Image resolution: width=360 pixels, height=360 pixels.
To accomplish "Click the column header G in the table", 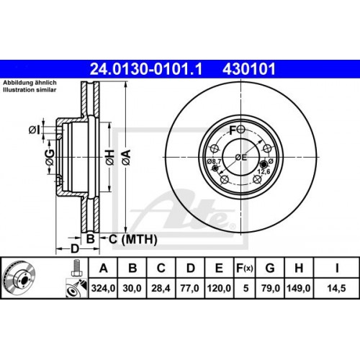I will tap(269, 269).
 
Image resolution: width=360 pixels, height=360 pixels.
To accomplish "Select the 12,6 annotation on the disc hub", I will tap(264, 171).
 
